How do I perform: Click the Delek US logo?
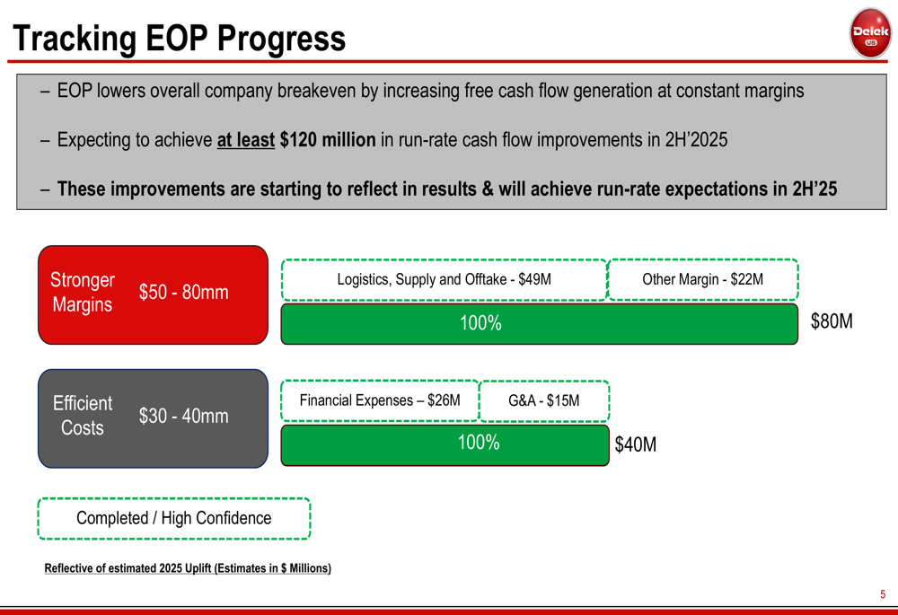[870, 33]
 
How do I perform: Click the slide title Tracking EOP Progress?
[180, 39]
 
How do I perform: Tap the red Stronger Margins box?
[153, 294]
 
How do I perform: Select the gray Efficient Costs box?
[153, 418]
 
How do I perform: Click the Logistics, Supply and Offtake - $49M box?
[444, 279]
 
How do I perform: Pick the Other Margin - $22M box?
[703, 279]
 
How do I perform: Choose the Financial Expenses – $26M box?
[380, 400]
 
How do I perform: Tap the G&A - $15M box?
[544, 400]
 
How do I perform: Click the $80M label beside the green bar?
[832, 321]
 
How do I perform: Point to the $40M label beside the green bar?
[636, 444]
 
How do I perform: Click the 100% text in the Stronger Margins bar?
[480, 323]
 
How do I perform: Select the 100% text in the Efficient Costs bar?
[479, 442]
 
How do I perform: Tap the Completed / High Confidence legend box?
[174, 518]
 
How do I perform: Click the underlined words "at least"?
[246, 140]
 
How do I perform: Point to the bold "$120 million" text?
[328, 140]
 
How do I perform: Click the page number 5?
[883, 594]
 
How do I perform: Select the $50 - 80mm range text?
[184, 292]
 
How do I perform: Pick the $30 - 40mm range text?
[184, 416]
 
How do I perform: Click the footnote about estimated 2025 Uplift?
[188, 568]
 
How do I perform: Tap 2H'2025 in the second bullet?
[696, 140]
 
